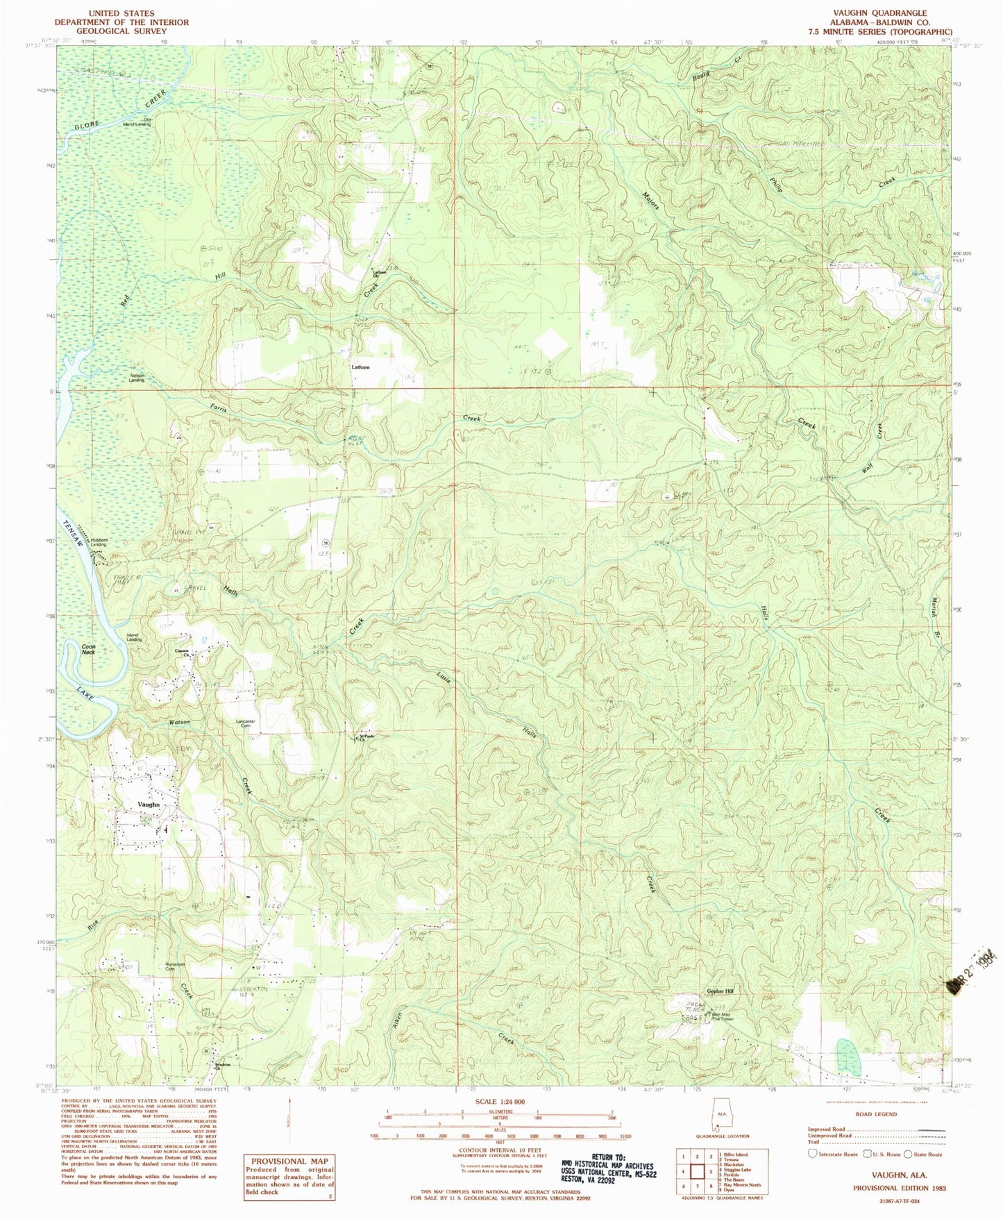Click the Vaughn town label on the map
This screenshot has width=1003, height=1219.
[149, 804]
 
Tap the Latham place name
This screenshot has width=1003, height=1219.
[360, 367]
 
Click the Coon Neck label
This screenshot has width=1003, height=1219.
[88, 649]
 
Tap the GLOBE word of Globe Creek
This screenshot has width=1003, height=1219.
[87, 124]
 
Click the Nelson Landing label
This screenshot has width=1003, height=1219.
[137, 378]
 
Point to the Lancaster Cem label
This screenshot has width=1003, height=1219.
[247, 723]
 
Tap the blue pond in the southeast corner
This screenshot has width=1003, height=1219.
[845, 1054]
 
